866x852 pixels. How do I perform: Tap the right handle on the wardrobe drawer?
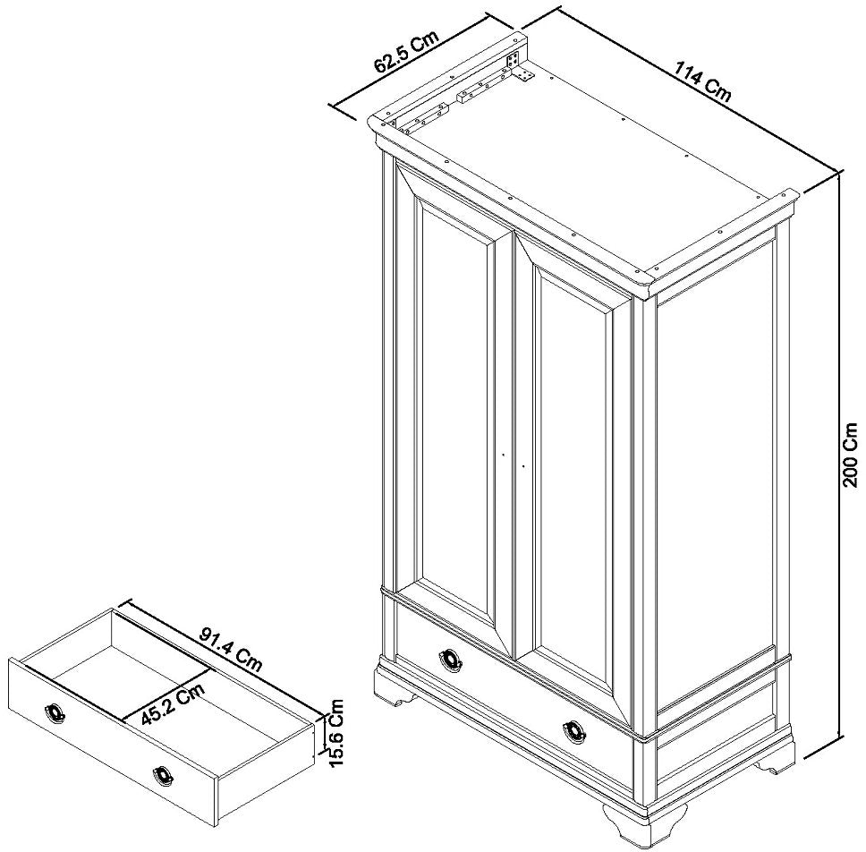[575, 731]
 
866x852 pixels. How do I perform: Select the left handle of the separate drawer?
[55, 712]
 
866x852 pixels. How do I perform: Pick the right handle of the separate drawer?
[163, 775]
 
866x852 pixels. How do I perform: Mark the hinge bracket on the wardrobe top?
[515, 64]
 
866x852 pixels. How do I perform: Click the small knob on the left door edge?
[504, 455]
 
